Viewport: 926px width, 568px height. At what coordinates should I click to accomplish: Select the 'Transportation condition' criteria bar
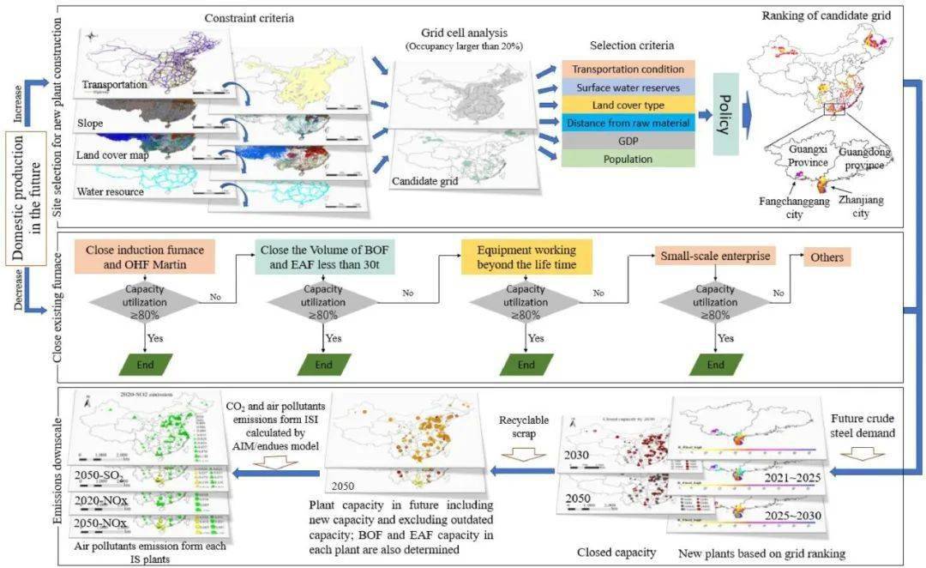coord(628,69)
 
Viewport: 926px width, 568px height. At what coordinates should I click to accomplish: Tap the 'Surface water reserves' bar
coord(628,88)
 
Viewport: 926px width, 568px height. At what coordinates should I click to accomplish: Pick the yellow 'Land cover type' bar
coord(628,106)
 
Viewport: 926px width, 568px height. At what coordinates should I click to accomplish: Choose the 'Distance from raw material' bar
coord(628,124)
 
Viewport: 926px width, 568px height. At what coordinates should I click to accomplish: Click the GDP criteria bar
coord(628,142)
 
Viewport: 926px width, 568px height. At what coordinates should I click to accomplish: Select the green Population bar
coord(628,159)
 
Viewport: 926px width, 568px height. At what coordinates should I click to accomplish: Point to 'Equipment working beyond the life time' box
coord(526,258)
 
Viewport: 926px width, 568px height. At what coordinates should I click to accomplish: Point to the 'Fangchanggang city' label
coord(796,208)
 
